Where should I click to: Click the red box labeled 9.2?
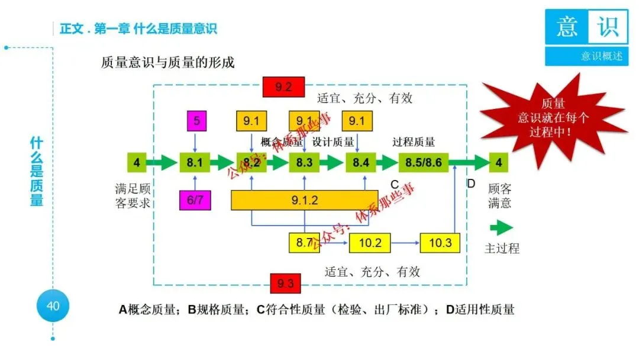click(284, 87)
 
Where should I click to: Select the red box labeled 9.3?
click(285, 283)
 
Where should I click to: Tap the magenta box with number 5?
click(197, 121)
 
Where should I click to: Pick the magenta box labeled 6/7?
click(195, 200)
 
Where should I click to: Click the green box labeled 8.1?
click(195, 162)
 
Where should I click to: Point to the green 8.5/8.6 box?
click(424, 162)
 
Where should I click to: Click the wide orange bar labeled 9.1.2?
click(304, 200)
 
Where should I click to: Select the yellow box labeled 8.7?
click(304, 243)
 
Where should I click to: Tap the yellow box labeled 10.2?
click(370, 243)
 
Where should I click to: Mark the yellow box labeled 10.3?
click(440, 243)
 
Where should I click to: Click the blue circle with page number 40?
click(53, 306)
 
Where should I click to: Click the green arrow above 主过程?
click(501, 228)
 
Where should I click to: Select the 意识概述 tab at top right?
click(586, 56)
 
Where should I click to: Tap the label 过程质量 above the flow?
click(414, 142)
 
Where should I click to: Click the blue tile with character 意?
click(566, 27)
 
